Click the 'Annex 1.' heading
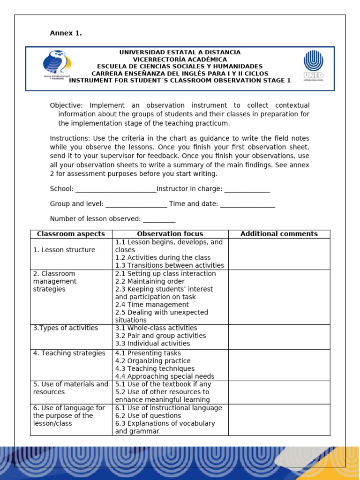66,33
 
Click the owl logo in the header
57,65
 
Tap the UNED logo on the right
313,66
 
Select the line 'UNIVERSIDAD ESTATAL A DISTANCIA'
180,52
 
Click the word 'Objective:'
66,105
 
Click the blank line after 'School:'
115,189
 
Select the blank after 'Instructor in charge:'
247,189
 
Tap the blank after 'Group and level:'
136,204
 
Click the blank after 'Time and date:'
247,204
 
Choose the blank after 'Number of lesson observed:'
159,219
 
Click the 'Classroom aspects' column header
71,234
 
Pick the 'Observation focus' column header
170,234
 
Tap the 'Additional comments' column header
279,234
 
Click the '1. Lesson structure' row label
64,250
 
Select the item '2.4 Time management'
152,305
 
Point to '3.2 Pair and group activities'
160,336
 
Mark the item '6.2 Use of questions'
148,416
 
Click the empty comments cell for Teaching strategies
279,365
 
